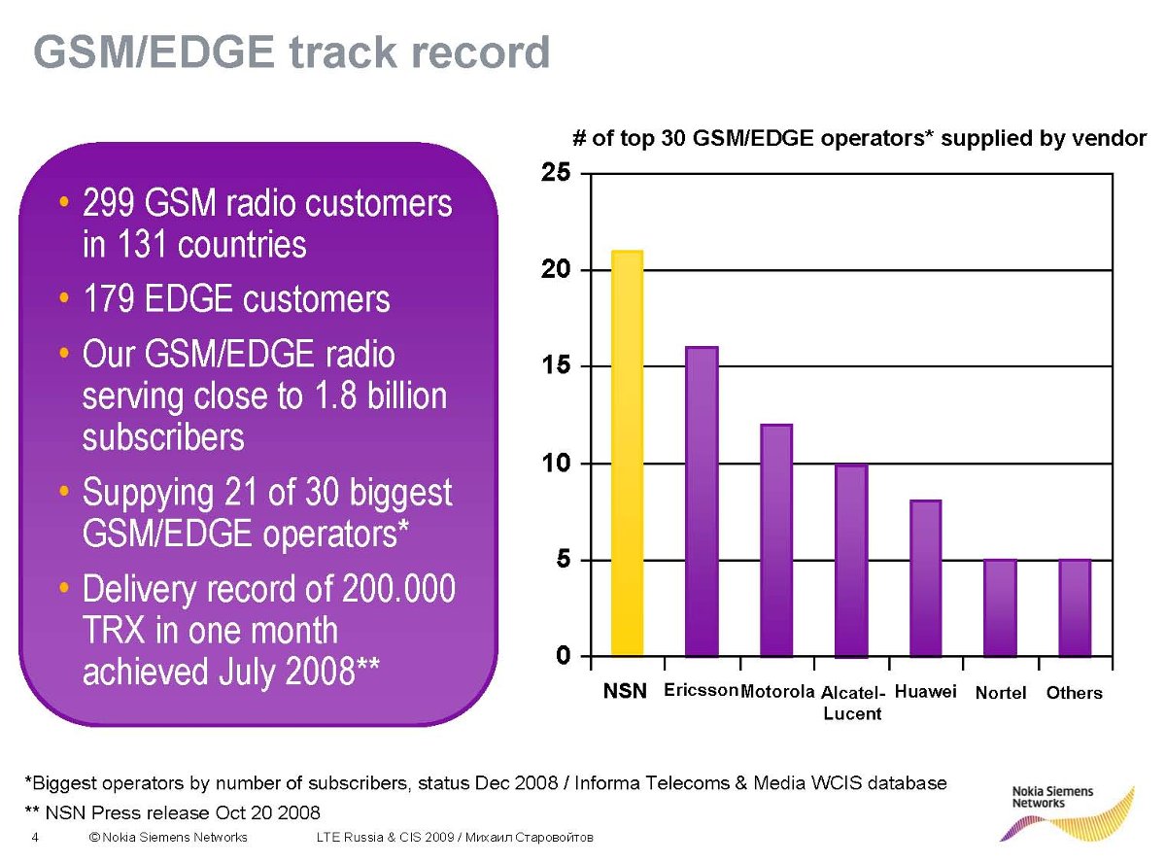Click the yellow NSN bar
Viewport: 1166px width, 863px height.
(627, 453)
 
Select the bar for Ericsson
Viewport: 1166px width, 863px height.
(702, 501)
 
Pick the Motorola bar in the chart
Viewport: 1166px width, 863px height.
(776, 540)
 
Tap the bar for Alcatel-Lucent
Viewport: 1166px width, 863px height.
(851, 561)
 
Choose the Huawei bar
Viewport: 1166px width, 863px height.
(926, 578)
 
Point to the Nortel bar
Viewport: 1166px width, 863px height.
(1000, 607)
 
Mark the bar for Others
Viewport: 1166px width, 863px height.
(1075, 607)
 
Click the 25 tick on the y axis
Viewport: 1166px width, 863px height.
(556, 172)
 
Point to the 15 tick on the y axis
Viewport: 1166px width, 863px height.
(556, 365)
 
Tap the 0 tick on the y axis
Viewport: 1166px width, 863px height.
(563, 655)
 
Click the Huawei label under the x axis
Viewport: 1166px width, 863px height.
(925, 692)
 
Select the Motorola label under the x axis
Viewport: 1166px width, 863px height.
(777, 692)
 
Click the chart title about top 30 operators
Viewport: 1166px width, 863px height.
(859, 138)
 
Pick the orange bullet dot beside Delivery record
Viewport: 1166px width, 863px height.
(64, 586)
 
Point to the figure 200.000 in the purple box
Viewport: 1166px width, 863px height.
(398, 589)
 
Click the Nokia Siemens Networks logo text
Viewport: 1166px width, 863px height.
(1052, 797)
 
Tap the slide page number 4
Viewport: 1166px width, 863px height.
(35, 837)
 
